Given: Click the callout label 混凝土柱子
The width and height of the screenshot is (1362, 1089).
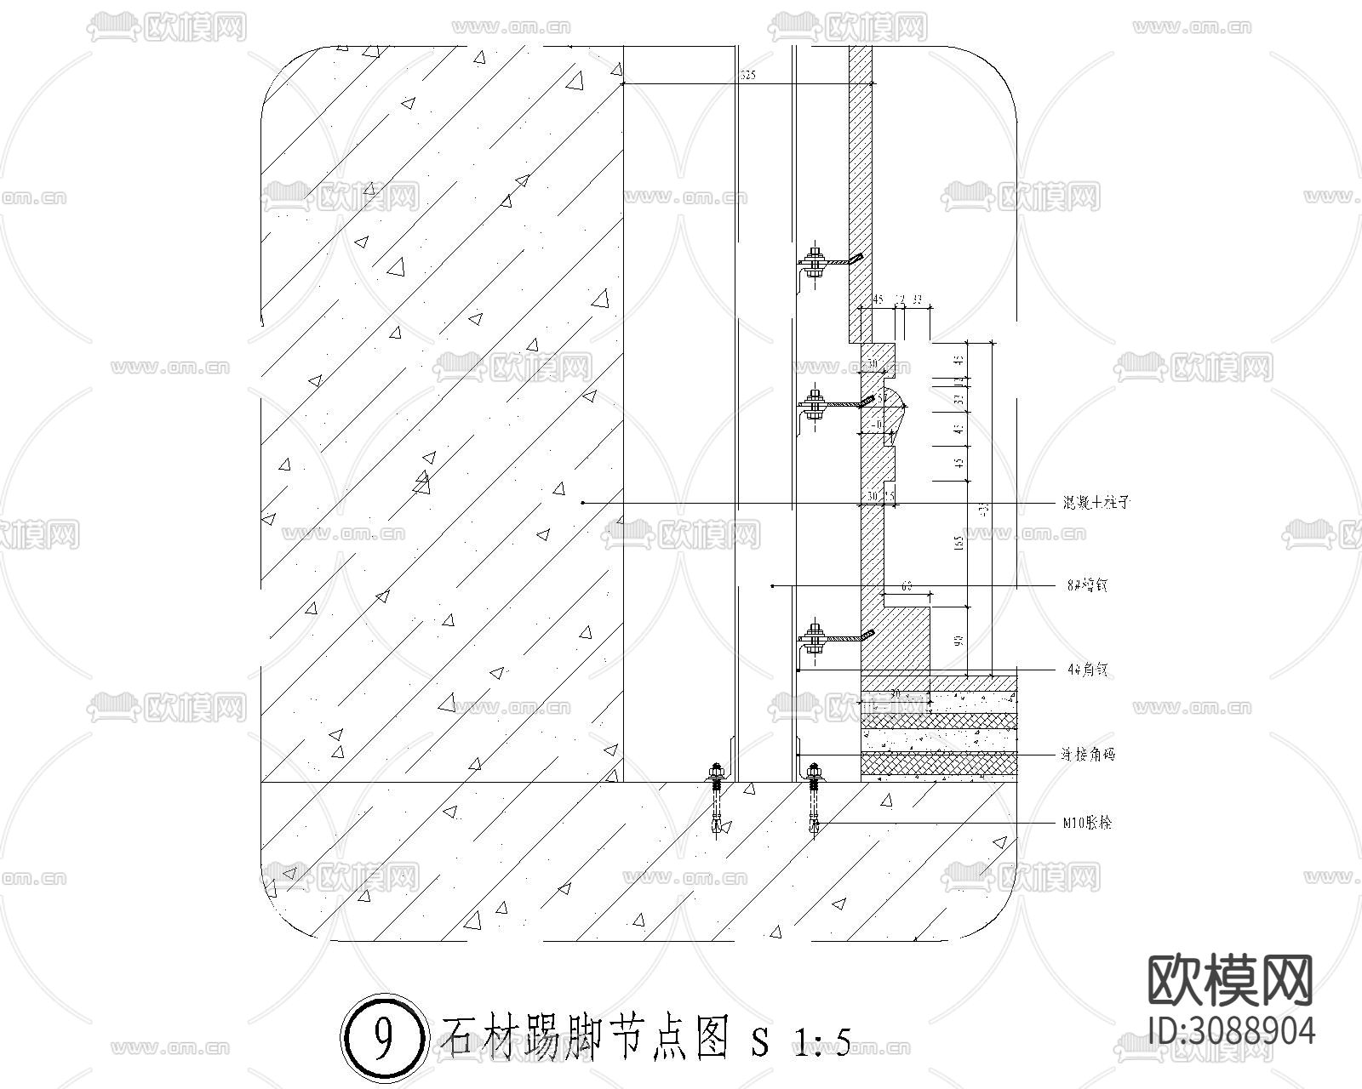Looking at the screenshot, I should pyautogui.click(x=1096, y=503).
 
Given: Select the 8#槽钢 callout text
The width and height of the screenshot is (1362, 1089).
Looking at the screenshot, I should pyautogui.click(x=1087, y=585).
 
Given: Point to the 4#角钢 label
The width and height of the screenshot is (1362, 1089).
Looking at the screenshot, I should pyautogui.click(x=1087, y=670).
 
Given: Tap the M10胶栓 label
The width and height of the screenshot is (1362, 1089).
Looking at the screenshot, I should pyautogui.click(x=1087, y=823).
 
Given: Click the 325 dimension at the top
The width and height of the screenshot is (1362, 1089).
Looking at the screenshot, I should pyautogui.click(x=747, y=77).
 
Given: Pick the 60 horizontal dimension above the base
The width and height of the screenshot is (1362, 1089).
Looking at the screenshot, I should pyautogui.click(x=907, y=585).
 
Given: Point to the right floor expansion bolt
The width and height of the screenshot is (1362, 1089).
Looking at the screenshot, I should pyautogui.click(x=815, y=800).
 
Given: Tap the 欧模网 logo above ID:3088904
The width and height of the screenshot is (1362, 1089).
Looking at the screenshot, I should pyautogui.click(x=1229, y=980).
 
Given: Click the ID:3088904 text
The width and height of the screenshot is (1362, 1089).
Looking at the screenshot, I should pyautogui.click(x=1231, y=1030).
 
